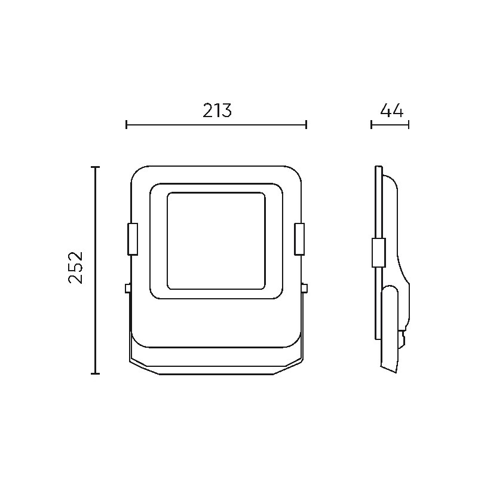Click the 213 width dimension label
217,111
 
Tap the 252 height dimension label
75,268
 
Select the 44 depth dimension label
392,111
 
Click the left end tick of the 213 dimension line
127,124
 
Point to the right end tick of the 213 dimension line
307,124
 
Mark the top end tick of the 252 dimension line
96,167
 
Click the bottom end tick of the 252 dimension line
96,373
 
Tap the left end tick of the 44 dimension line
371,124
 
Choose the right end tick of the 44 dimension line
409,124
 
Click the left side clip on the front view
133,239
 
